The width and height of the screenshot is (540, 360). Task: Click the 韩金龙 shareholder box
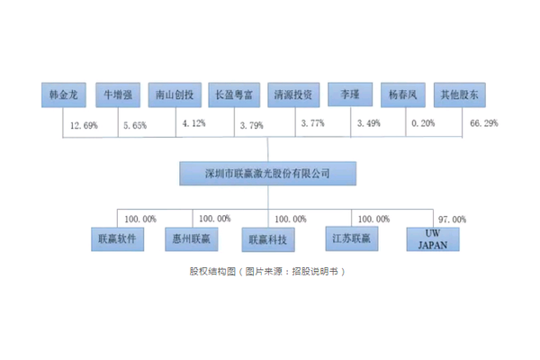(x=64, y=94)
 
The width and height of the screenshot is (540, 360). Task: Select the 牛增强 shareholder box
(x=118, y=94)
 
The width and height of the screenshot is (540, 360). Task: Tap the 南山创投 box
(x=175, y=94)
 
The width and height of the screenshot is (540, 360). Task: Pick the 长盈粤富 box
(x=234, y=94)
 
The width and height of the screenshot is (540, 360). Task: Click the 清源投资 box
(x=293, y=94)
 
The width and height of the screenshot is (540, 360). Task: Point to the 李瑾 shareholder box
(x=350, y=94)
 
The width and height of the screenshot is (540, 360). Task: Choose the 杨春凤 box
(x=403, y=94)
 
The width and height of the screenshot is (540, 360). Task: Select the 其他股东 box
(x=460, y=94)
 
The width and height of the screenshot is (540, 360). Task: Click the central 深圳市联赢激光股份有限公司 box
(x=267, y=174)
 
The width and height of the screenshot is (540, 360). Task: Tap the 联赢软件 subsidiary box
(x=117, y=239)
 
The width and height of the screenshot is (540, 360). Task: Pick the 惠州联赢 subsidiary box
(x=192, y=239)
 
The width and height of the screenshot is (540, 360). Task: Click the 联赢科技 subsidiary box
(x=268, y=239)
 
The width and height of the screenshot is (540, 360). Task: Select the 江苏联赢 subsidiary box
(x=352, y=238)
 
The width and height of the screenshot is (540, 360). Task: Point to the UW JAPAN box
(x=433, y=239)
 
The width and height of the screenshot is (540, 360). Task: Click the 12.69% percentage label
(x=84, y=125)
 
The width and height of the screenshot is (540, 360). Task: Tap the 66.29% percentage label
(x=484, y=123)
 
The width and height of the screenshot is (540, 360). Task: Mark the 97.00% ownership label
(x=452, y=220)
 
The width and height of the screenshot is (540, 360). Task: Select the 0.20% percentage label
(x=423, y=123)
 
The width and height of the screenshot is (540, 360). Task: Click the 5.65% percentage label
(x=135, y=125)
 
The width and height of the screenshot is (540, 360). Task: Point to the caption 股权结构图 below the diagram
(x=212, y=272)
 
